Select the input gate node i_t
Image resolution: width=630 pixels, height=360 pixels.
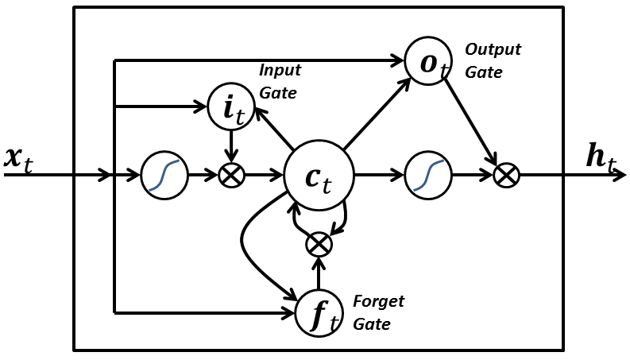point(231,107)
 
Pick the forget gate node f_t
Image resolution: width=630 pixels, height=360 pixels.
point(319,313)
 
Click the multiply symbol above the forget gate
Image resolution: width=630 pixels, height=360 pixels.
point(319,244)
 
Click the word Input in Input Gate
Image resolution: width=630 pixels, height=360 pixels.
point(280,71)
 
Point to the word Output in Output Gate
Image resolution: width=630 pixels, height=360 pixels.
point(493,50)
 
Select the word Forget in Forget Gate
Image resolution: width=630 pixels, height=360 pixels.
point(378,302)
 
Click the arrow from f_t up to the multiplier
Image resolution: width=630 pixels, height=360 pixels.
point(319,275)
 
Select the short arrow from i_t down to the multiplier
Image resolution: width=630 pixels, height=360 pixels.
point(231,145)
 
